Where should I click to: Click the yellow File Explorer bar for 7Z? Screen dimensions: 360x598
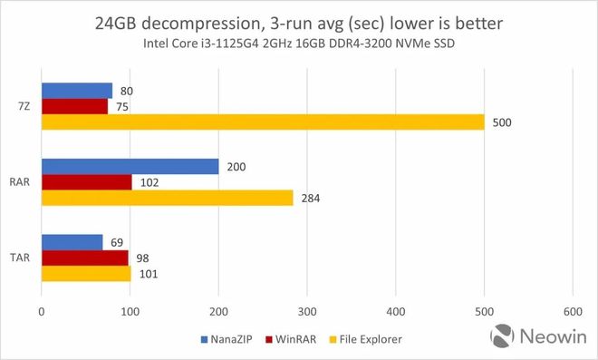point(263,122)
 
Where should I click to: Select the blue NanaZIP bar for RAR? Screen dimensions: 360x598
point(130,167)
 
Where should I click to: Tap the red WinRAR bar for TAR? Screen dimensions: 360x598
point(84,258)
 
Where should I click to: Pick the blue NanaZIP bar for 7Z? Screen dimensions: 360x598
point(77,91)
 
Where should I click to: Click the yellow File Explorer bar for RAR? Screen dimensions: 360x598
point(168,197)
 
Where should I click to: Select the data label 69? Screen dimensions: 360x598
point(118,242)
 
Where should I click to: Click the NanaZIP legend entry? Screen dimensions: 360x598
point(227,340)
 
